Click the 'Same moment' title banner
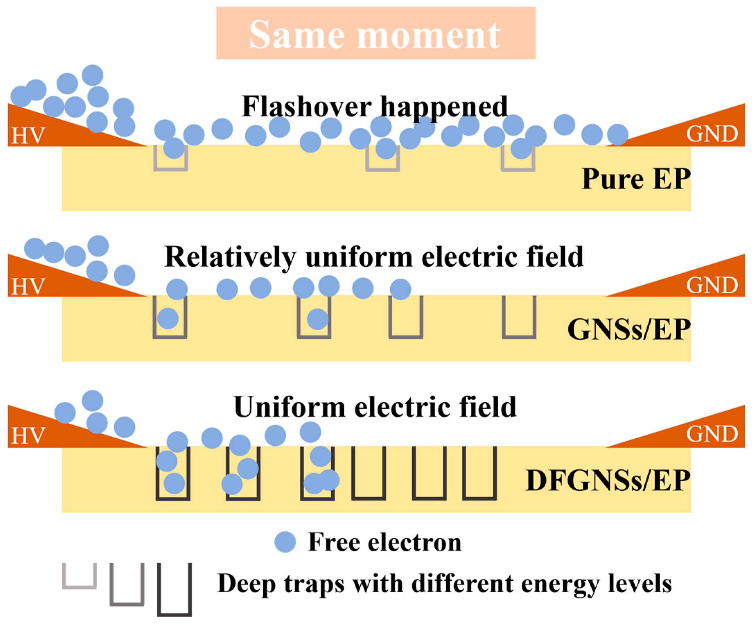tap(376, 33)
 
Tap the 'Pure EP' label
tap(636, 179)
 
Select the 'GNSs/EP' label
tap(628, 330)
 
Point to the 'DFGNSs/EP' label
tap(608, 481)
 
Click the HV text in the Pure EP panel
tap(28, 136)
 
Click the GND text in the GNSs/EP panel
tap(712, 285)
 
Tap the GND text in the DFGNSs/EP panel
tap(712, 434)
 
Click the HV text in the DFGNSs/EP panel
tap(28, 436)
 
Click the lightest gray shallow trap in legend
tap(80, 576)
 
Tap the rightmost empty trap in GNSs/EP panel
tap(519, 317)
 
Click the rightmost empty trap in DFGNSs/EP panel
tap(479, 473)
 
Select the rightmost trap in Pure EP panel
tap(518, 158)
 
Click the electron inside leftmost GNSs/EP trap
tap(168, 318)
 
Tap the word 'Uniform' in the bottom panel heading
tap(290, 407)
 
